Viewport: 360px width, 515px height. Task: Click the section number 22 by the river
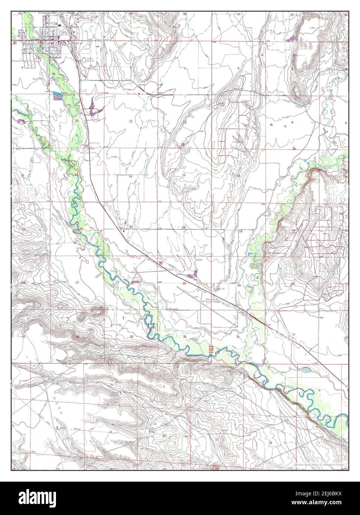[x=80, y=229]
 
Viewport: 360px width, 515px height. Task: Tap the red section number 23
[x=131, y=227]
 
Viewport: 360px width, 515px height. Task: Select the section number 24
[x=183, y=227]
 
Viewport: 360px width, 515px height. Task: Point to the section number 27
[x=77, y=283]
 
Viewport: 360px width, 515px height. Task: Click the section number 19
[x=240, y=231]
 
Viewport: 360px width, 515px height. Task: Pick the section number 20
[x=293, y=230]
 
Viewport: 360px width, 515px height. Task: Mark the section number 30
[x=239, y=285]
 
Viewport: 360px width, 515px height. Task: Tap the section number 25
[x=184, y=283]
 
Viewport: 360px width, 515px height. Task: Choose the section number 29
[x=293, y=284]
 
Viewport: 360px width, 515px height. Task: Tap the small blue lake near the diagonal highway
[x=306, y=370]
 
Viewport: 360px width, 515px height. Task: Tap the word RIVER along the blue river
[x=291, y=387]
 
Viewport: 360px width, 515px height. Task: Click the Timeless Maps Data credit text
[x=318, y=464]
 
